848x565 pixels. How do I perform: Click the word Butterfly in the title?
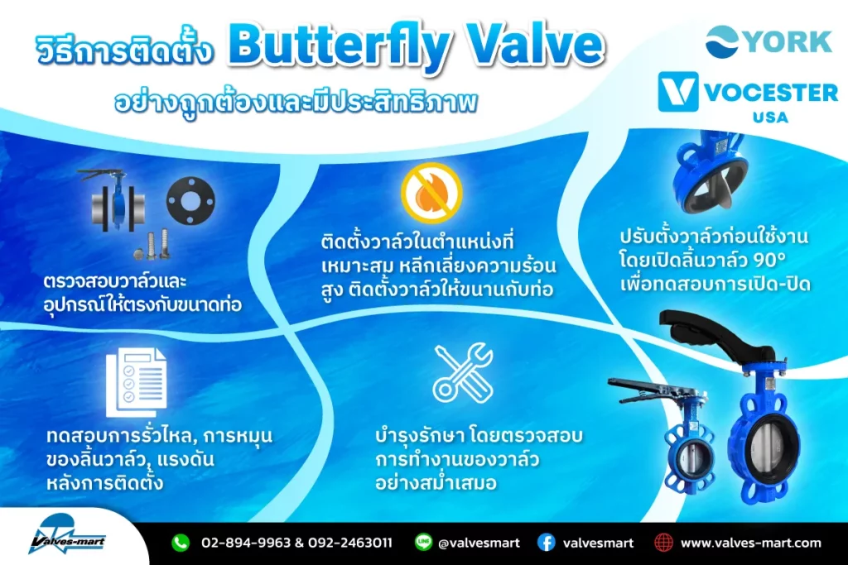[x=339, y=46]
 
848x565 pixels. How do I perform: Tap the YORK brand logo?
[x=768, y=41]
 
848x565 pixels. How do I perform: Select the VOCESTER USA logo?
[x=748, y=98]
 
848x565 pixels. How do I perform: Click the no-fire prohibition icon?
[x=431, y=192]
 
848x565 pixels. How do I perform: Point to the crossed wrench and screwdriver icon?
[x=464, y=373]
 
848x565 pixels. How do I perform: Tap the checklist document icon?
[x=137, y=382]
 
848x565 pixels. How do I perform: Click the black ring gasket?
[x=190, y=201]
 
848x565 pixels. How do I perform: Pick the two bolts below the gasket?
[x=152, y=244]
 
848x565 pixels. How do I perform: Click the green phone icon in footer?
[x=181, y=542]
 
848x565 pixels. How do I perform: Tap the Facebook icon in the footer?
[x=547, y=542]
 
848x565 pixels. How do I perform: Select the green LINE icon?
[x=423, y=542]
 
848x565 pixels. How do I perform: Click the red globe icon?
[x=663, y=542]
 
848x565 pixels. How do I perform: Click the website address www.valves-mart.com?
[x=750, y=543]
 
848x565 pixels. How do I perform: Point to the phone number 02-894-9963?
[x=246, y=543]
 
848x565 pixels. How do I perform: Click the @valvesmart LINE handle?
[x=479, y=543]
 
